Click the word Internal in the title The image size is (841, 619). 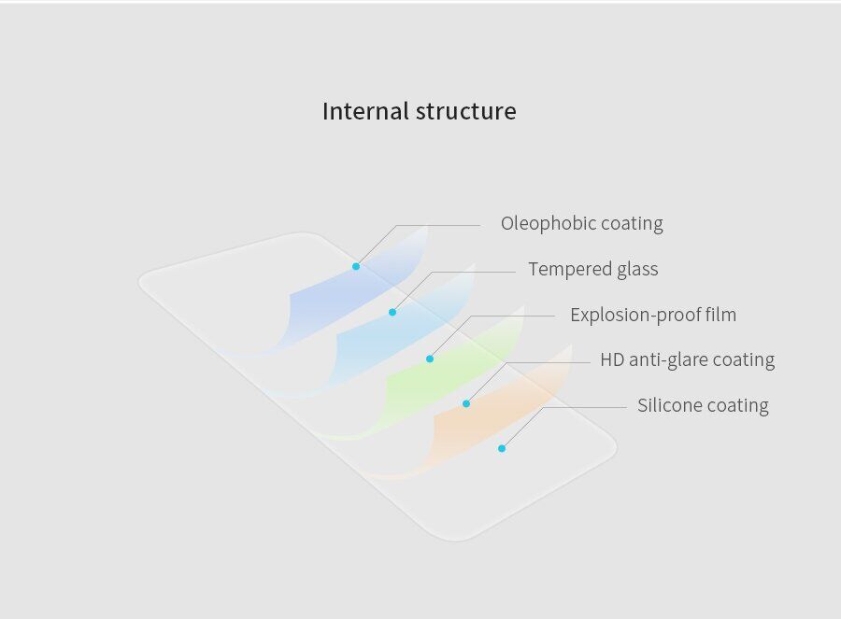[x=365, y=111]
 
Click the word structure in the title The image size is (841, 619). [x=466, y=111]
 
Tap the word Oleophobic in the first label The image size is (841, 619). [x=549, y=223]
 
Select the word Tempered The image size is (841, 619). [x=570, y=269]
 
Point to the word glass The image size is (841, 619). [x=637, y=269]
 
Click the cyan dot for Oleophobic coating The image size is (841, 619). [x=356, y=266]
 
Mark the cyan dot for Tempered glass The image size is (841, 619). [x=392, y=313]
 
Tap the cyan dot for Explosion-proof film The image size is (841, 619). [x=430, y=359]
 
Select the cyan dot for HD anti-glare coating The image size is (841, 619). [x=466, y=403]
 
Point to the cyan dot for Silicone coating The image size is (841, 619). [x=502, y=448]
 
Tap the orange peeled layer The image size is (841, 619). [x=493, y=418]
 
